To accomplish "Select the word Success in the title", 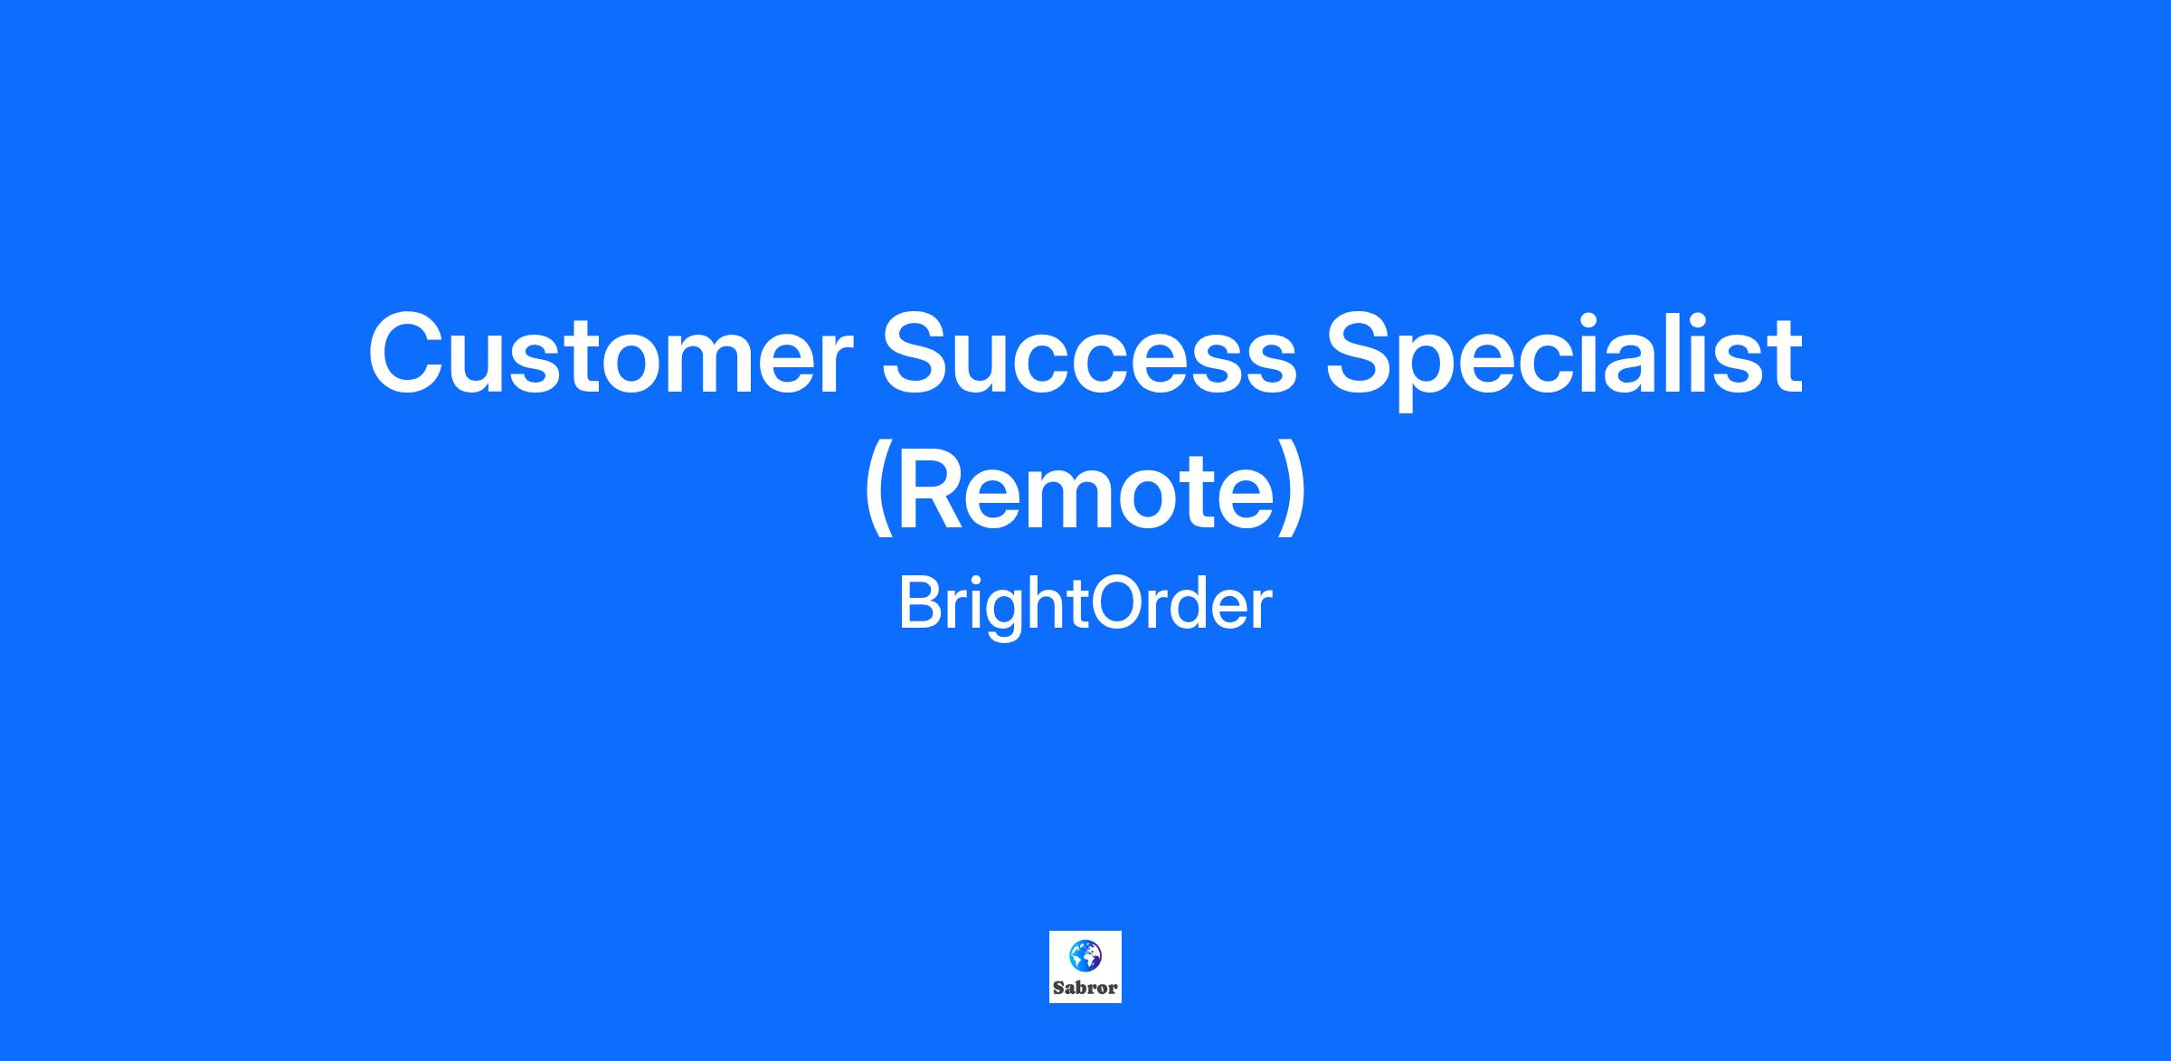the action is tap(1090, 354).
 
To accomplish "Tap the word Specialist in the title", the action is tap(1564, 360).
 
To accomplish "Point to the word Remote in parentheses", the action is tap(1085, 489).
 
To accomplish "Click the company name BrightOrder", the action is tap(1085, 605).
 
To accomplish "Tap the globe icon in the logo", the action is tap(1085, 954).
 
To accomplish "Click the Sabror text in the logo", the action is tap(1085, 988).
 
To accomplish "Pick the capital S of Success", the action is tap(922, 354).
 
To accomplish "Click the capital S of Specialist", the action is tap(1365, 354).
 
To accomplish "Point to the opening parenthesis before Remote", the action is tap(878, 493).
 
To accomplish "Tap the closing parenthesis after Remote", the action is tap(1293, 493).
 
